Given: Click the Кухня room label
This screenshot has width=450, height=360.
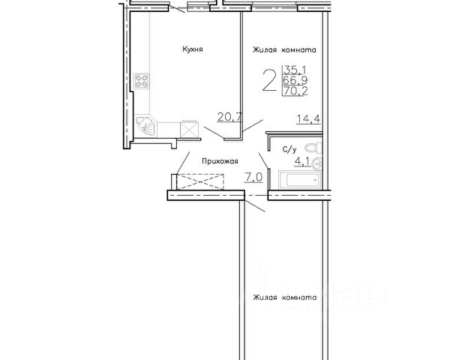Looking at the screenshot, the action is [x=193, y=49].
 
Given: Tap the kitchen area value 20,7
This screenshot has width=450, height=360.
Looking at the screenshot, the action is [x=230, y=117].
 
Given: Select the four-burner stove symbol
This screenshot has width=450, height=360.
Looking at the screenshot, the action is [x=142, y=81].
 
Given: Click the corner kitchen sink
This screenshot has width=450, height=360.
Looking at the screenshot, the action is [x=145, y=126].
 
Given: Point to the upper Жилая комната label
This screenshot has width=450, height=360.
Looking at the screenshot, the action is [x=284, y=50].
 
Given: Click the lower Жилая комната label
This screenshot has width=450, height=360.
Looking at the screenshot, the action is [x=285, y=298].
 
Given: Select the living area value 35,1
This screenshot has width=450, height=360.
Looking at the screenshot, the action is [x=295, y=70].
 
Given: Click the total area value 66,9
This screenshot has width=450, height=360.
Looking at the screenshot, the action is [x=295, y=80].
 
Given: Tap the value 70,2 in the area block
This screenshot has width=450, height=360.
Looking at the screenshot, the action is [x=295, y=91].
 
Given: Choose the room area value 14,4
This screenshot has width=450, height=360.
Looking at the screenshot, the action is [x=308, y=118].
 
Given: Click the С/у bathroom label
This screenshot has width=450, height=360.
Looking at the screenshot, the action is [x=289, y=149].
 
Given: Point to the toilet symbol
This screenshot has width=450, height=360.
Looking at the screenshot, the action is [x=313, y=148].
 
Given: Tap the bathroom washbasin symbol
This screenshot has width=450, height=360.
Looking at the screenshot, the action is [x=317, y=164].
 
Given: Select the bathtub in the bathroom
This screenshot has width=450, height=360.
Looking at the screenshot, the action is [x=300, y=180].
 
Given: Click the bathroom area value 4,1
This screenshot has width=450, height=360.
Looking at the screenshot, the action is [x=302, y=162].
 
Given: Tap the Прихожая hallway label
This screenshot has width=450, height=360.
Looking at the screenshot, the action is [x=220, y=161].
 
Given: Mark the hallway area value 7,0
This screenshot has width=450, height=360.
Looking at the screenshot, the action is [x=253, y=178].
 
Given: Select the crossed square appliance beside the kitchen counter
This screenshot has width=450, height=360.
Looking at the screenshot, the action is [x=189, y=130].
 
